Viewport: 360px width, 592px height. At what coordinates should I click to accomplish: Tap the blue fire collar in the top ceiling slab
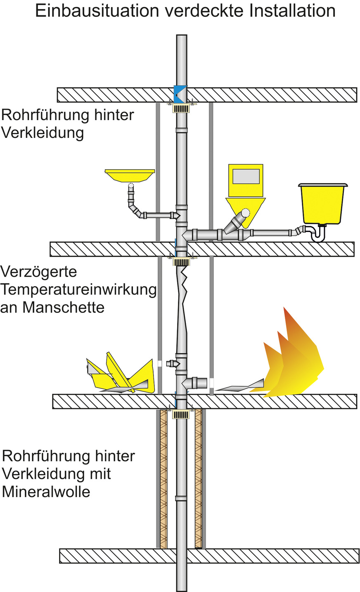(180, 95)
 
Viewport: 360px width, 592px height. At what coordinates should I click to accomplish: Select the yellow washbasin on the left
(130, 175)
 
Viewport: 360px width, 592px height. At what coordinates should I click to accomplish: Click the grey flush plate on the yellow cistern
(246, 176)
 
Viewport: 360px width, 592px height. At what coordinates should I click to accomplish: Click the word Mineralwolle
(46, 492)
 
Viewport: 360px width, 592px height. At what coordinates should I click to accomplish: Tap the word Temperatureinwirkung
(78, 290)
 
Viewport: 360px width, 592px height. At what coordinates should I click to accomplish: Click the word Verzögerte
(39, 272)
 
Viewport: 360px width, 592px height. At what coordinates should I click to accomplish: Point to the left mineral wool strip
(163, 479)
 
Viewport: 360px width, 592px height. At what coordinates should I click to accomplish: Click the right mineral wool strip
(198, 479)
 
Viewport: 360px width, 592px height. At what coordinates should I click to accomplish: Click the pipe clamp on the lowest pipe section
(181, 498)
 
